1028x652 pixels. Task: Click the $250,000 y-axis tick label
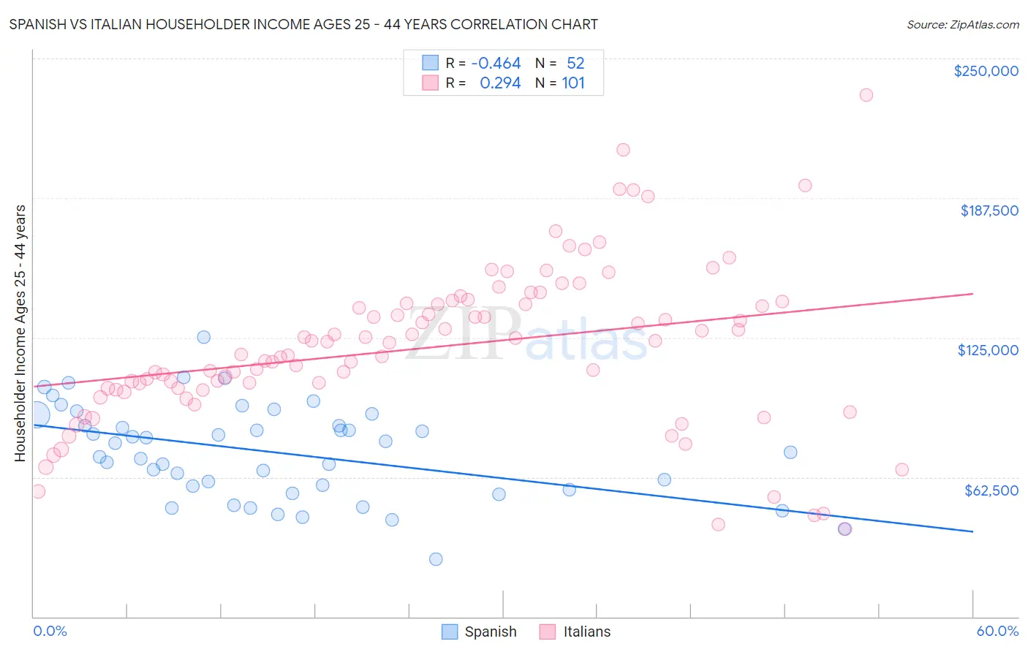[x=986, y=71]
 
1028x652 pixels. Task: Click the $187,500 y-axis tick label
[x=989, y=211]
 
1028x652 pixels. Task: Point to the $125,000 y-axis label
[x=988, y=350]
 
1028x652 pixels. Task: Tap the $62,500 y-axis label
[x=991, y=490]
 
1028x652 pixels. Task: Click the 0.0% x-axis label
[x=50, y=631]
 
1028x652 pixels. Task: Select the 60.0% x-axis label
[x=997, y=631]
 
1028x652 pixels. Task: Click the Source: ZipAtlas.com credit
[x=962, y=24]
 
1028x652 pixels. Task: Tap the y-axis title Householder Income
[x=20, y=333]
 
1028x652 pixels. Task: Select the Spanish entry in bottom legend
[x=479, y=632]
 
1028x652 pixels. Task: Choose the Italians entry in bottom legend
[x=575, y=632]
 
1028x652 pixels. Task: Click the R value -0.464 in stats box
[x=496, y=63]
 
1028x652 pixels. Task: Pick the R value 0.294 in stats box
[x=500, y=83]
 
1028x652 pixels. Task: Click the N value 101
[x=573, y=83]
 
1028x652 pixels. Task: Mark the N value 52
[x=575, y=63]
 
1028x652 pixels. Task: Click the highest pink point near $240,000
[x=866, y=95]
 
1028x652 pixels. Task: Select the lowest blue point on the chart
[x=436, y=559]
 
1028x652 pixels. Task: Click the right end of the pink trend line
[x=972, y=294]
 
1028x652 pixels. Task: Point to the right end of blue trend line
[x=972, y=531]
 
